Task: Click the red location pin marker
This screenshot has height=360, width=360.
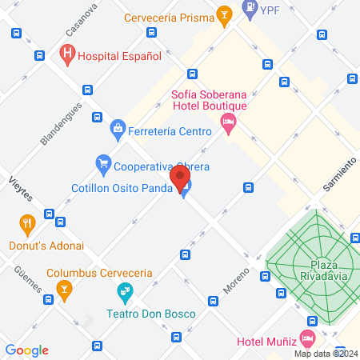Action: point(180,178)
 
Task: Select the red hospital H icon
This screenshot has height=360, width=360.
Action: point(67,55)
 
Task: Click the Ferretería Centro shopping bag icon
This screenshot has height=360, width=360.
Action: point(118,128)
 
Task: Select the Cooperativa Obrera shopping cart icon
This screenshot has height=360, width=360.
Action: point(102,166)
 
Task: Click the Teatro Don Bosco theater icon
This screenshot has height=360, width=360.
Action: point(124,290)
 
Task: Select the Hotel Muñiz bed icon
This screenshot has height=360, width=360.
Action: point(307,337)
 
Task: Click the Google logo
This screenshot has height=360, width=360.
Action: point(26,350)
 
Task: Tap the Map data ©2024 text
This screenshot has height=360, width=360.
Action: point(326,354)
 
